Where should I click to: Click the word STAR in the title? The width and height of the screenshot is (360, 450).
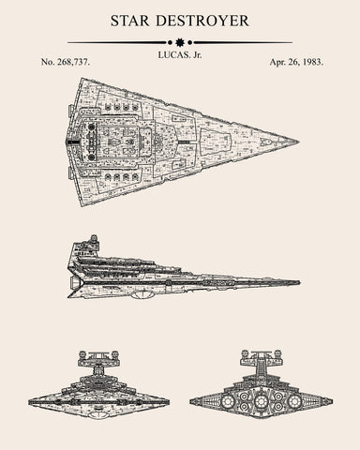point(131,20)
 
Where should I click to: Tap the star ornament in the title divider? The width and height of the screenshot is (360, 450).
point(180,42)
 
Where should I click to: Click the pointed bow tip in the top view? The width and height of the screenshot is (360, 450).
point(298,142)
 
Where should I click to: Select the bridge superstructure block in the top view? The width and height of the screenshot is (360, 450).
point(94,142)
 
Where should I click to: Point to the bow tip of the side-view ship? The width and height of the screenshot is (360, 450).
point(299,281)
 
